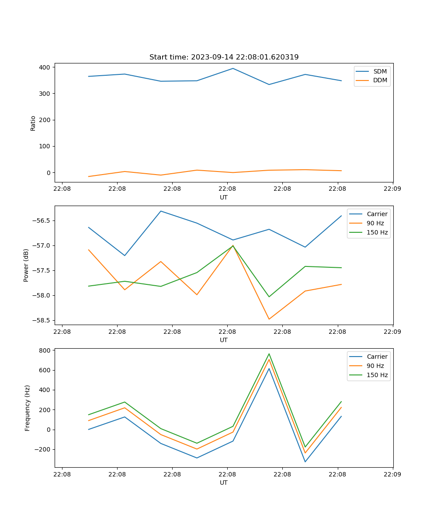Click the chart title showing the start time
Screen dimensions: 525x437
click(224, 57)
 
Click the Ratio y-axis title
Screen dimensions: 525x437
click(33, 123)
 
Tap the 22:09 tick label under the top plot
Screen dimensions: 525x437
click(392, 189)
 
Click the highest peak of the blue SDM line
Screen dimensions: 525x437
click(233, 68)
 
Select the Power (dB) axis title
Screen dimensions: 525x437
click(26, 265)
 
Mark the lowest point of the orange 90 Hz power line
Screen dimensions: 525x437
click(269, 319)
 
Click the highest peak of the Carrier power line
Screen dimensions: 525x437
click(161, 211)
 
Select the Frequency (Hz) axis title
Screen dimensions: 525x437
click(27, 408)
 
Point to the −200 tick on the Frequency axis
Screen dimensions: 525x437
click(43, 449)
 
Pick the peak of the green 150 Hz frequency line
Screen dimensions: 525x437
click(269, 354)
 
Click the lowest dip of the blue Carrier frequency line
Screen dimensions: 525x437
click(305, 462)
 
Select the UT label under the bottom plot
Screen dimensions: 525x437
click(224, 483)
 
